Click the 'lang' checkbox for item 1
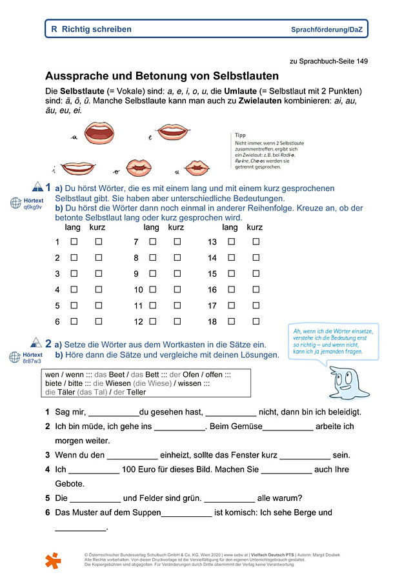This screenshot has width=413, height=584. [x=74, y=241]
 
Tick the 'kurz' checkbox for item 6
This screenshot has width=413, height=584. [x=99, y=321]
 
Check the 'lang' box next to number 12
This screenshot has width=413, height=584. [x=153, y=321]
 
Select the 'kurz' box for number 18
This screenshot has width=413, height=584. [x=256, y=321]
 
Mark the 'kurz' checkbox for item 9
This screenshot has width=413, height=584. [x=177, y=274]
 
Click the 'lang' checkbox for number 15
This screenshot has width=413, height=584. [x=231, y=274]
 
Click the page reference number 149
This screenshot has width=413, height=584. [x=361, y=61]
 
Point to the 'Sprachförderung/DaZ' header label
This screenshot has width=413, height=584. [x=329, y=30]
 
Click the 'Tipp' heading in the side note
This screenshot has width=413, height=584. [x=240, y=135]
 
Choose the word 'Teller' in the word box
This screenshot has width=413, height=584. [x=136, y=391]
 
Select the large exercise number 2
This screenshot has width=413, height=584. [x=48, y=343]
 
